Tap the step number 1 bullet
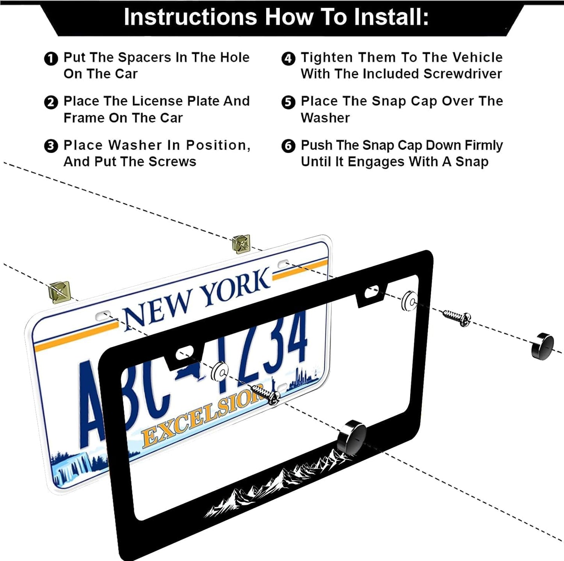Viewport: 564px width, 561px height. pos(51,59)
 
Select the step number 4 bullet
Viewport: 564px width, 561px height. pos(288,59)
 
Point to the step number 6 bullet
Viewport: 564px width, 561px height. pos(288,146)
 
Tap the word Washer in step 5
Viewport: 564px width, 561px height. pos(325,118)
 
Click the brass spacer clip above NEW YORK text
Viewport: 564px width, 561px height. pos(241,244)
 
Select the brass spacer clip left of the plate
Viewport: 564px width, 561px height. pos(60,292)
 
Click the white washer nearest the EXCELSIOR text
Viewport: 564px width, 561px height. pos(219,372)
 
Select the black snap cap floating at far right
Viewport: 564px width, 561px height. pos(543,346)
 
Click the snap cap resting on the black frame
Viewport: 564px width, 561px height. pos(352,437)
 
